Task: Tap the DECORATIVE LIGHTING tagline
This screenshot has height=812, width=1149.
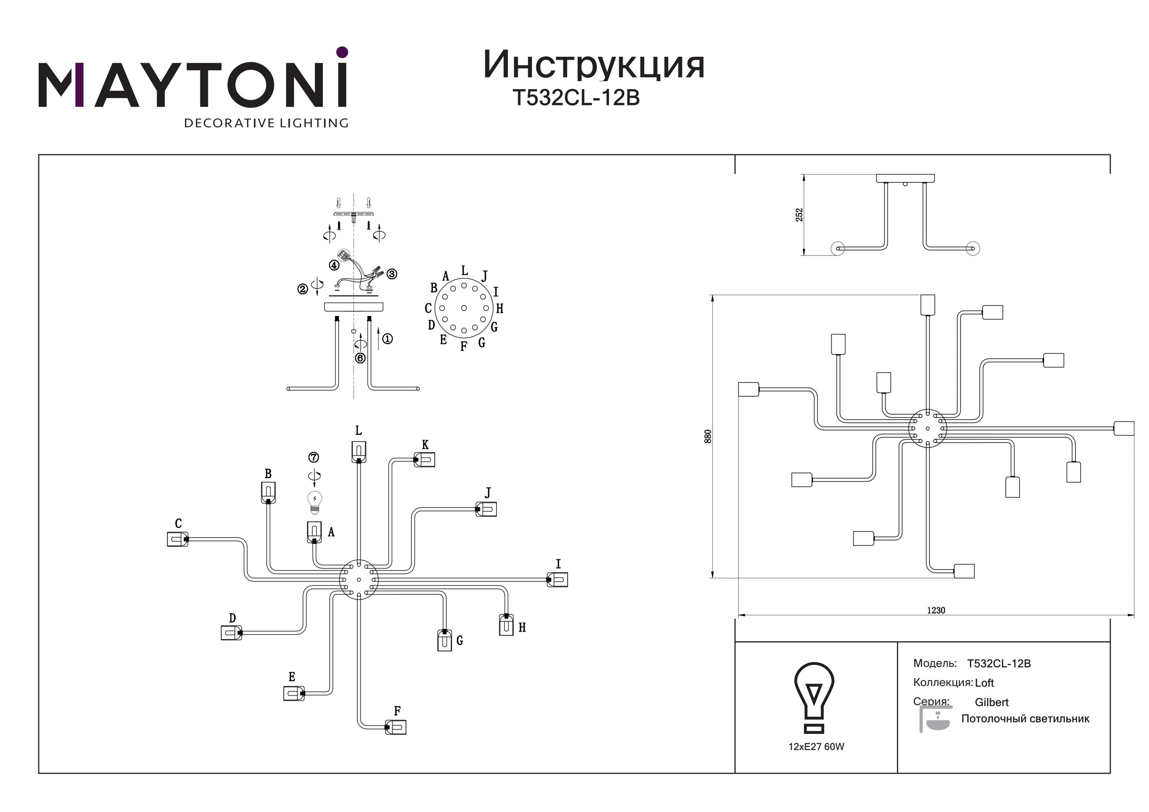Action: [266, 123]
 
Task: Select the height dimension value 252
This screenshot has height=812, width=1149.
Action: [799, 215]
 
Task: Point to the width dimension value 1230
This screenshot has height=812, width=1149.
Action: [936, 610]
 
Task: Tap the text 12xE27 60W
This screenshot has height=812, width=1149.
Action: [816, 747]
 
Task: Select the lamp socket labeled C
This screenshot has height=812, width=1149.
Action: [178, 539]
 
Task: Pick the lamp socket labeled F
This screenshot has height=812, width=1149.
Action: [395, 727]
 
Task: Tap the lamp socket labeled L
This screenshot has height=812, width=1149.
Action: [358, 452]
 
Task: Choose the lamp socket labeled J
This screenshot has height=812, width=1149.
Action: [486, 509]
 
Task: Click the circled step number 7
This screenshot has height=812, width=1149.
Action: [314, 457]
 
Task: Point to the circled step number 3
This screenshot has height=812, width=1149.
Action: [392, 274]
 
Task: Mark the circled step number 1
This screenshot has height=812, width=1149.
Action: [387, 339]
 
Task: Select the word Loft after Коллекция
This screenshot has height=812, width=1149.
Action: [984, 683]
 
